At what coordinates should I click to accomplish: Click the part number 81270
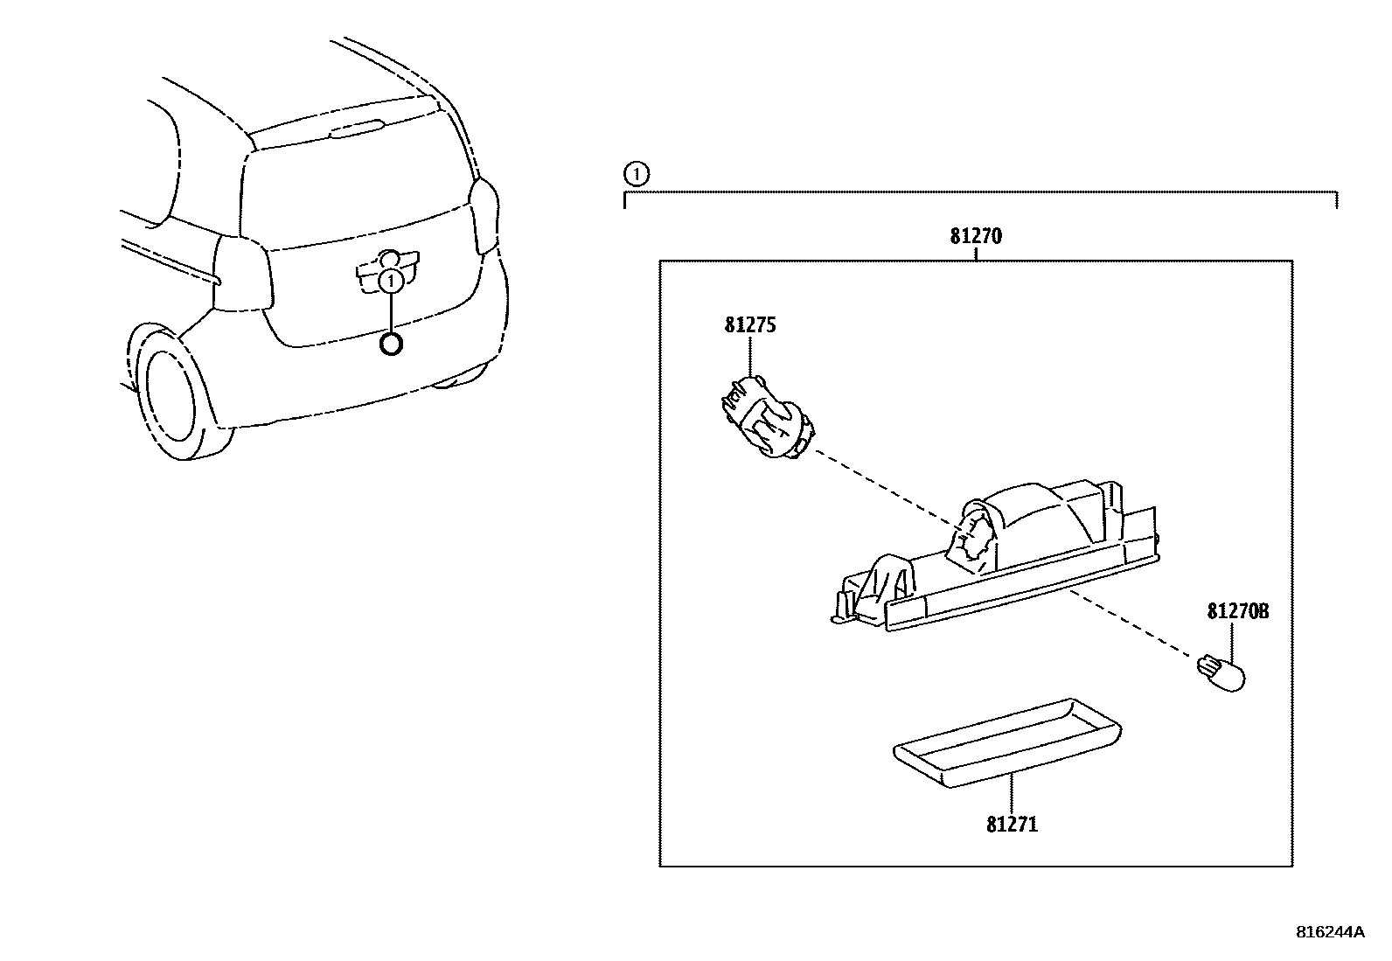[x=976, y=236]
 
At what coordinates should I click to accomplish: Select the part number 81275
[x=750, y=325]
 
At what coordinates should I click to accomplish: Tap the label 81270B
[x=1237, y=612]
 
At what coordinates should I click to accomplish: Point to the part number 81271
[x=1012, y=824]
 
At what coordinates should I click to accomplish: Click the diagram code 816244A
[x=1329, y=932]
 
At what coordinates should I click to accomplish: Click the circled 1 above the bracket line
[x=637, y=175]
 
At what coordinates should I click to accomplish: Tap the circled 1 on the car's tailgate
[x=392, y=280]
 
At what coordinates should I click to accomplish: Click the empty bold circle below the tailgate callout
[x=392, y=345]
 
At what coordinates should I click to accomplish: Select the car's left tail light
[x=240, y=273]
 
